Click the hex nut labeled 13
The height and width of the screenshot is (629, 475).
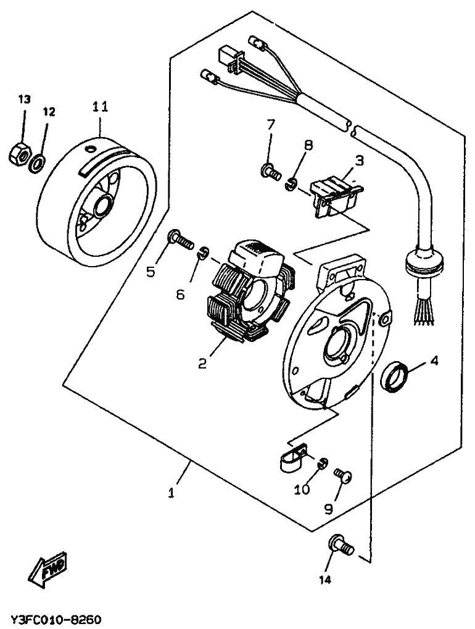click(19, 153)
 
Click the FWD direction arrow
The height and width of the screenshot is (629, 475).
click(48, 570)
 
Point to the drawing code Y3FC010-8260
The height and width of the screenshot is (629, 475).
click(56, 619)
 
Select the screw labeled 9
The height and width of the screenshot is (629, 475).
click(343, 475)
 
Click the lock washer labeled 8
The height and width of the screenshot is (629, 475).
click(291, 185)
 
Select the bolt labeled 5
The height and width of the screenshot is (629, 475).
click(181, 240)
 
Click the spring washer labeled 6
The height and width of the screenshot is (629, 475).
click(203, 254)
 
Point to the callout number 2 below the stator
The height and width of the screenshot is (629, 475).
click(202, 364)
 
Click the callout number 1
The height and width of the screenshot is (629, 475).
click(171, 493)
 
